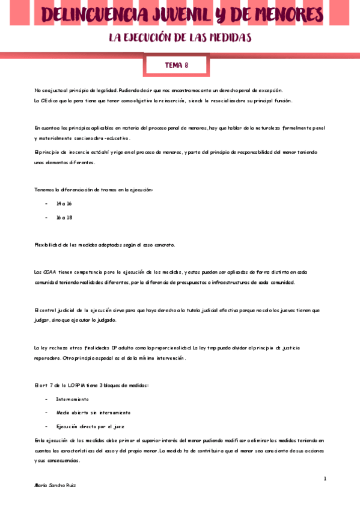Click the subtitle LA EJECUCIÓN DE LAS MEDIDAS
tap(180, 38)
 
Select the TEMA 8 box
tap(177, 66)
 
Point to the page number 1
tap(325, 479)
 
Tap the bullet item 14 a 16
tap(64, 204)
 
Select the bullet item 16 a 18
tap(64, 217)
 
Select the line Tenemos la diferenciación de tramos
tap(93, 190)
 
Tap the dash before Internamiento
tap(46, 399)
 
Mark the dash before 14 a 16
tap(46, 204)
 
